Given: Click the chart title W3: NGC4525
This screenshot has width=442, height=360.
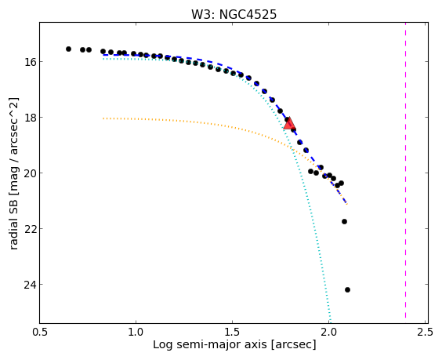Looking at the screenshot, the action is tap(234, 14).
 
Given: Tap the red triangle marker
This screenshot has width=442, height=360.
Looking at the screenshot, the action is tap(289, 124).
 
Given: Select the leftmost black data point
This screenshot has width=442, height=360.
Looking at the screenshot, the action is tap(68, 49).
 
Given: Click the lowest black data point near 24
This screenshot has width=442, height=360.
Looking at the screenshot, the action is tap(348, 289).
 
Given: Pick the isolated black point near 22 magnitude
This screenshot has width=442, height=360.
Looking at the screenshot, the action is tap(345, 222).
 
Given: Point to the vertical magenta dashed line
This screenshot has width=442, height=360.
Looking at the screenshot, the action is tap(406, 170).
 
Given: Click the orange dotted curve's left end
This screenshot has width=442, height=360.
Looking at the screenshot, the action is tap(103, 118).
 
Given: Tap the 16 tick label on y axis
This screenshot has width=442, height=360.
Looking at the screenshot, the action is tap(29, 61).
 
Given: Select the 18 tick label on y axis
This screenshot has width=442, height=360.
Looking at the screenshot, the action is tap(29, 117).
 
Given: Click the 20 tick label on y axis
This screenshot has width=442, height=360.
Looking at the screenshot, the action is tap(29, 173).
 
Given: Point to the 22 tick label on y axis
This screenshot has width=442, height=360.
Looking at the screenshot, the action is tap(29, 228).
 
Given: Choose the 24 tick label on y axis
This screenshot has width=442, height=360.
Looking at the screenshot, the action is tap(29, 285).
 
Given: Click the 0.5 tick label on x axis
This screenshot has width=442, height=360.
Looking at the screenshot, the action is tap(40, 332).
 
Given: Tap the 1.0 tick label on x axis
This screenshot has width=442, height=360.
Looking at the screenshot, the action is tap(136, 332).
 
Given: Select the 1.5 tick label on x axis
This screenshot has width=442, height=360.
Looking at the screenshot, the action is tap(232, 332).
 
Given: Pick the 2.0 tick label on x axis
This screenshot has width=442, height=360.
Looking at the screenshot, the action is tap(328, 332).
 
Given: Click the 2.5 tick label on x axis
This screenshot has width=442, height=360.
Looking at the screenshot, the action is tap(425, 332).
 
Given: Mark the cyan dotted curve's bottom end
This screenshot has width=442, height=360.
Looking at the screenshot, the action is tap(331, 322).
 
